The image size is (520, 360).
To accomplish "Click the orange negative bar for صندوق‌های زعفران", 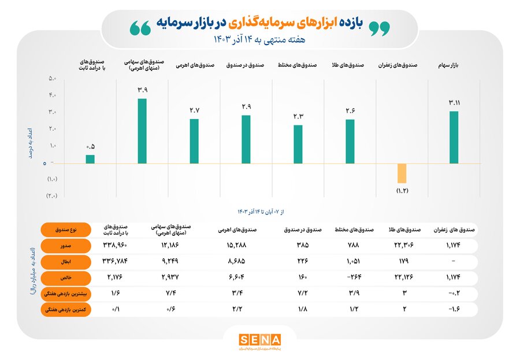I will (402, 173).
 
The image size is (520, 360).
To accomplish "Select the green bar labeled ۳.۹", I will (142, 131).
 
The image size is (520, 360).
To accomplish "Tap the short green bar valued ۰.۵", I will (90, 159).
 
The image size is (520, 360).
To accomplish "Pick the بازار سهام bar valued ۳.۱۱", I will (454, 138).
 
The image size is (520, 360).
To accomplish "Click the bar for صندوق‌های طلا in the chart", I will (350, 142).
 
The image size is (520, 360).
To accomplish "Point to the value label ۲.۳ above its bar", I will (298, 117).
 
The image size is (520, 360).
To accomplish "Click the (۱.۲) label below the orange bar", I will (402, 190).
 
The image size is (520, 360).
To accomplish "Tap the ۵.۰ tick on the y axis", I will (51, 78).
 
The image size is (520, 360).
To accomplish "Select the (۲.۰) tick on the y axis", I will (51, 196).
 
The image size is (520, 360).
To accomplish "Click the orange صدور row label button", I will (65, 246).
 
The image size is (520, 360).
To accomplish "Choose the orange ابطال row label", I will (65, 262).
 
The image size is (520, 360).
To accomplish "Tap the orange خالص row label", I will (65, 278).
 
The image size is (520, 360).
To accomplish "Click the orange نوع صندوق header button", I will (65, 229).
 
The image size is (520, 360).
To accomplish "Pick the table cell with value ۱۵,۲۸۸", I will (229, 246).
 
